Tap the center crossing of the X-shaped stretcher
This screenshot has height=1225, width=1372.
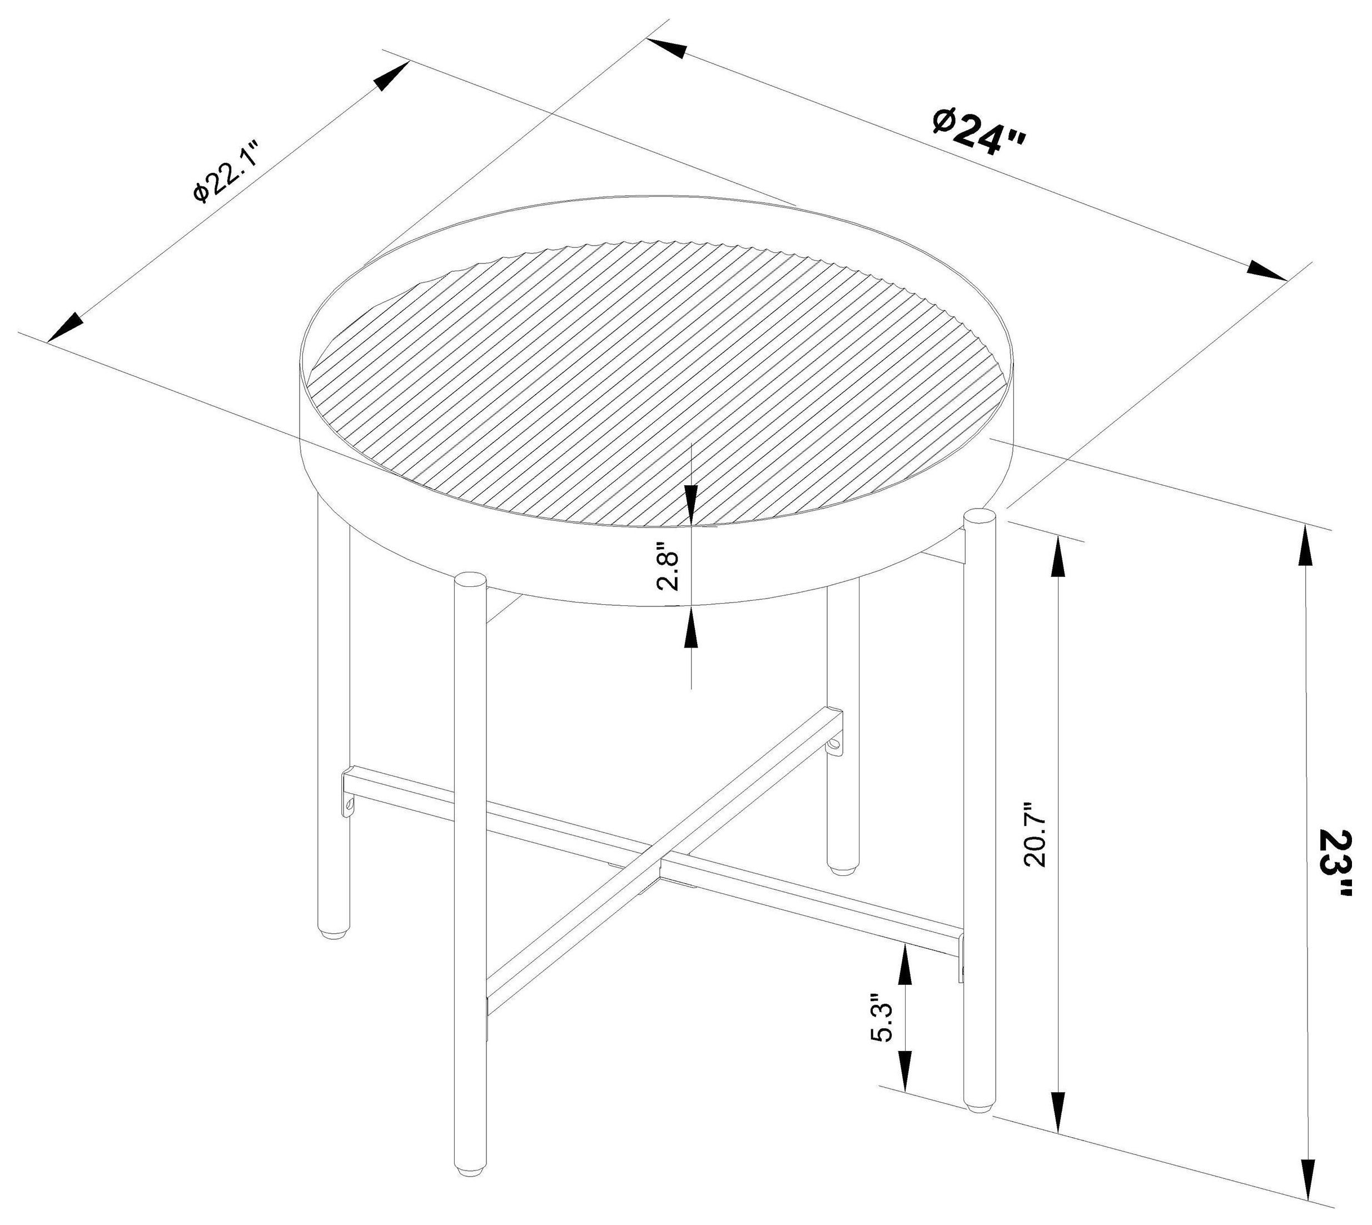click(x=660, y=861)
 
